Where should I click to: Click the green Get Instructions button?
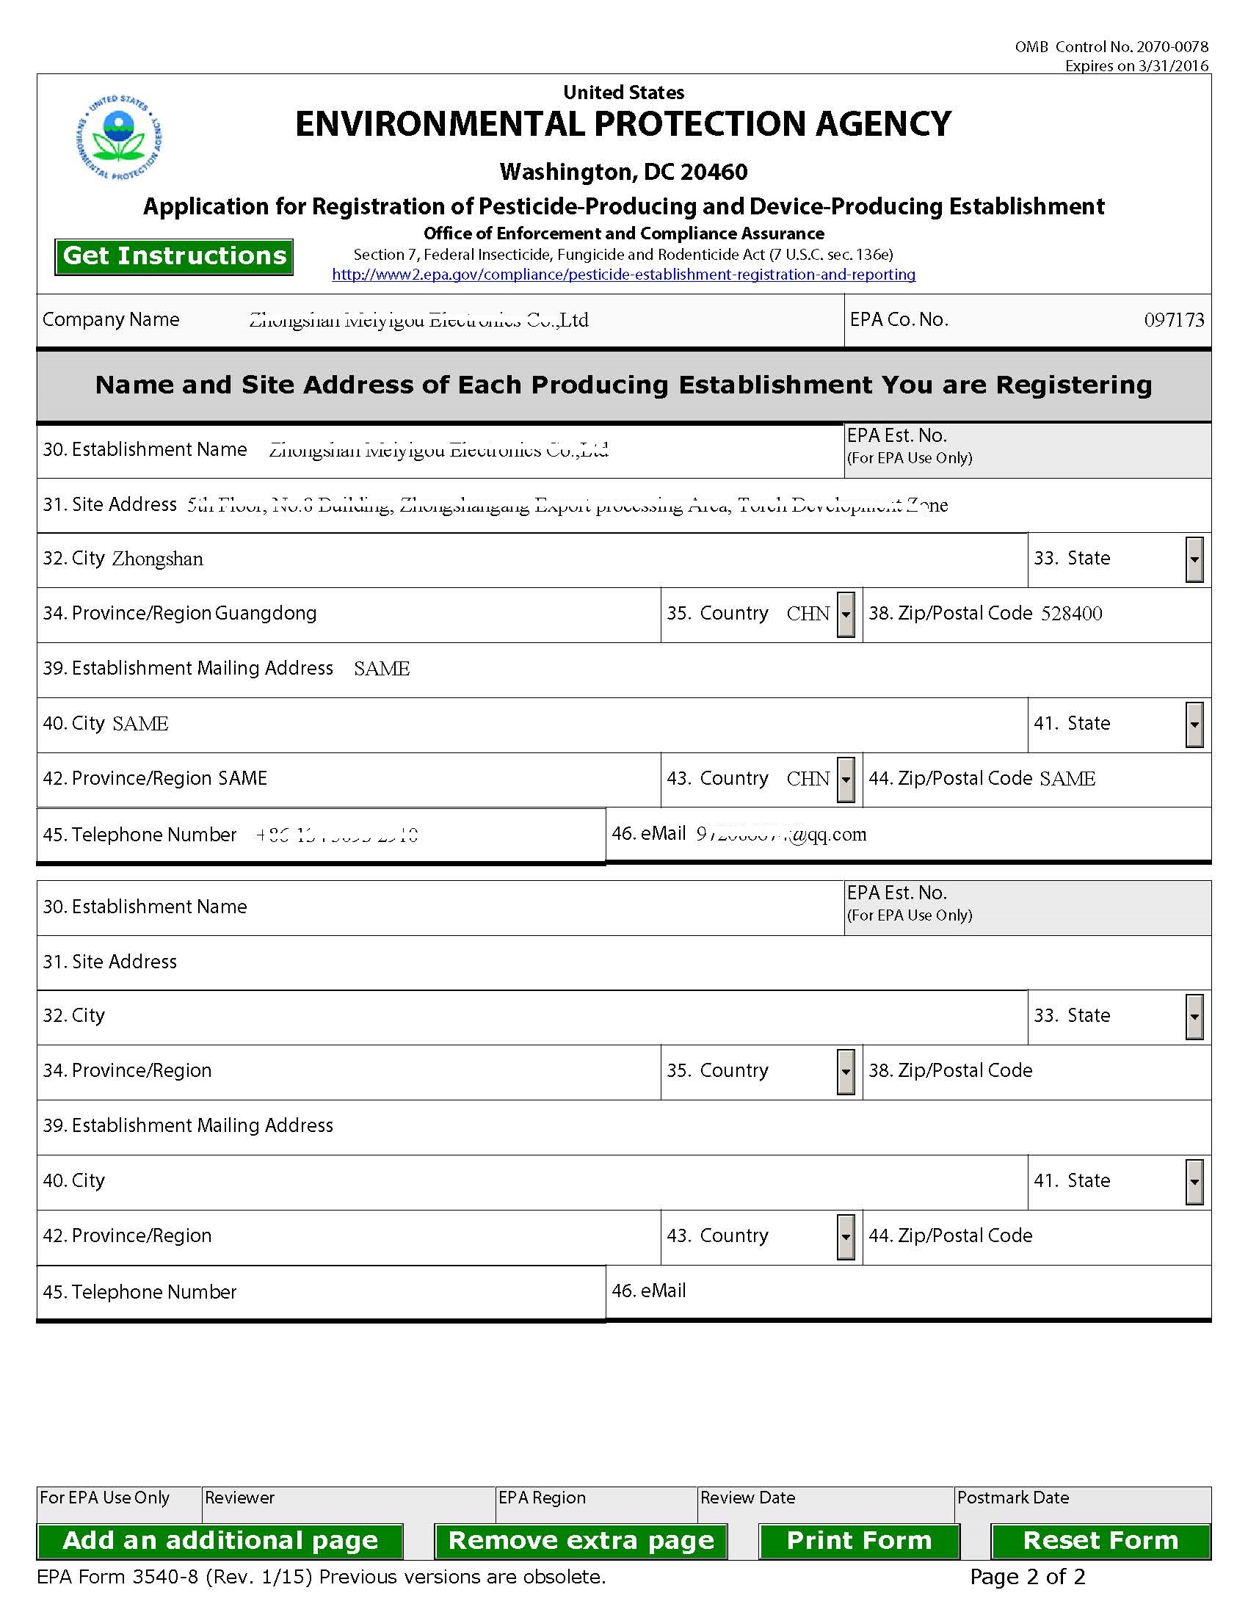(x=174, y=257)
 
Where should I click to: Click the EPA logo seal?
(x=119, y=137)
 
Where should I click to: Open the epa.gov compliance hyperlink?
(x=623, y=275)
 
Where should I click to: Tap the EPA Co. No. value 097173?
(x=1173, y=320)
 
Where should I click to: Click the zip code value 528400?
(x=1071, y=614)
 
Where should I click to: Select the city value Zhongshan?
(x=158, y=559)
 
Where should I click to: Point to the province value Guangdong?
(x=266, y=613)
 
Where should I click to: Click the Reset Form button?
(x=1100, y=1540)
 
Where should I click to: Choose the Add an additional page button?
(x=220, y=1540)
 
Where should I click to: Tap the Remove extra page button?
(x=581, y=1540)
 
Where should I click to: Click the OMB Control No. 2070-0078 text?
(x=1111, y=46)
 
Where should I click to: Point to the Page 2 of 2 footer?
(x=1027, y=1578)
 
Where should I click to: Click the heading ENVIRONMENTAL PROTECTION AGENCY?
(x=623, y=124)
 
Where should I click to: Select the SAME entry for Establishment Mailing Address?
(x=382, y=669)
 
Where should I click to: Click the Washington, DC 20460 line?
(x=623, y=173)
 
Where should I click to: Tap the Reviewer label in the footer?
(x=239, y=1498)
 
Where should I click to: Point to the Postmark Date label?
(x=1013, y=1498)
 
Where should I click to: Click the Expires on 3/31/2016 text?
(x=1136, y=66)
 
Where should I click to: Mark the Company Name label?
(x=111, y=319)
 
